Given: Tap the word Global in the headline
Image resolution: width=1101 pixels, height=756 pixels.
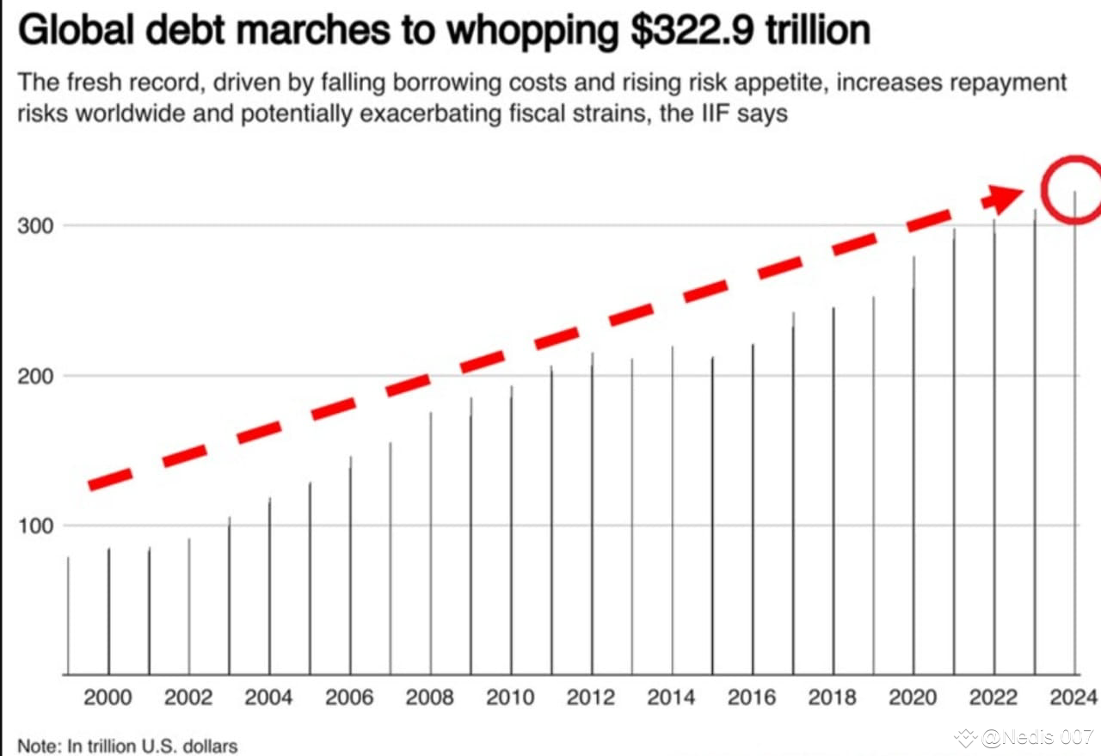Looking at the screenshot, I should pyautogui.click(x=73, y=32).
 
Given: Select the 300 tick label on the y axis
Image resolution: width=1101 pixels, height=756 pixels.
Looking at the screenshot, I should pyautogui.click(x=35, y=226).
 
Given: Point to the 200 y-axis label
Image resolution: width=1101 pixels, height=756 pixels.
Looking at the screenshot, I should pyautogui.click(x=35, y=377).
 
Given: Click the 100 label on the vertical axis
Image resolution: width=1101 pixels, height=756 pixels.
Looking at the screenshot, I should pyautogui.click(x=35, y=526).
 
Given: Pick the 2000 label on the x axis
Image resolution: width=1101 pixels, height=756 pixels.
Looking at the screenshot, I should pyautogui.click(x=108, y=698).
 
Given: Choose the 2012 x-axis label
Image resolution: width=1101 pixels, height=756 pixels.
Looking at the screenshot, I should pyautogui.click(x=591, y=698).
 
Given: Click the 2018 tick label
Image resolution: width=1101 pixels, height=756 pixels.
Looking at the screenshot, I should pyautogui.click(x=833, y=698).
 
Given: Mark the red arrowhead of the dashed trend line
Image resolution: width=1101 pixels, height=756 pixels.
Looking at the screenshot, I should pyautogui.click(x=1000, y=198).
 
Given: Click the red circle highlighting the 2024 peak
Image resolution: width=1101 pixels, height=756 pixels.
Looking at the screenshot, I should pyautogui.click(x=1072, y=190).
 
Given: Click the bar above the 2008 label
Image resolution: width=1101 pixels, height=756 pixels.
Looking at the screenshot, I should pyautogui.click(x=431, y=542).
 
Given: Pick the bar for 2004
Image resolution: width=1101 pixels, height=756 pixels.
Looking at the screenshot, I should pyautogui.click(x=269, y=585).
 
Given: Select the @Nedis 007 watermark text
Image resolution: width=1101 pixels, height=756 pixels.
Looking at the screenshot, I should pyautogui.click(x=1036, y=738).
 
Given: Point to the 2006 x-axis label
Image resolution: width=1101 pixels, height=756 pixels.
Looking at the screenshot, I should pyautogui.click(x=350, y=698).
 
